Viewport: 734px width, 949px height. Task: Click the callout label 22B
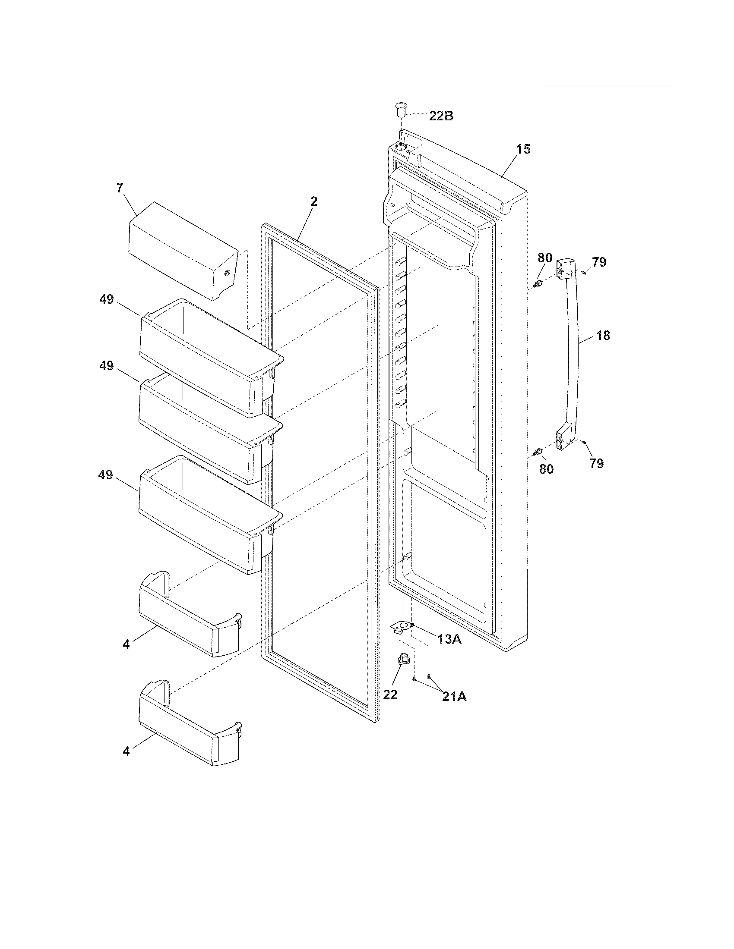[x=441, y=116]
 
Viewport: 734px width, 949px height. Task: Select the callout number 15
[x=523, y=149]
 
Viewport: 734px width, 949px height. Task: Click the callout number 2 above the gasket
[x=314, y=201]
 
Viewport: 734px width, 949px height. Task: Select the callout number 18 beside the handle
[x=603, y=336]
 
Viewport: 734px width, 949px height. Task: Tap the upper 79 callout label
[x=599, y=262]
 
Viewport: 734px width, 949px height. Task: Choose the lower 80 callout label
[x=547, y=469]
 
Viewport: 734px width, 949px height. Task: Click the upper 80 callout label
[x=544, y=258]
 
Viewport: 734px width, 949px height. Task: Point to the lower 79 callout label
[x=597, y=464]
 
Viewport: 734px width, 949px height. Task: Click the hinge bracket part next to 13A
[x=402, y=627]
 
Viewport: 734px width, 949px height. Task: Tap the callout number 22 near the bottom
[x=390, y=695]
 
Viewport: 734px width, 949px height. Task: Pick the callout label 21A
[x=454, y=697]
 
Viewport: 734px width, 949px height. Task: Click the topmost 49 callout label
[x=107, y=299]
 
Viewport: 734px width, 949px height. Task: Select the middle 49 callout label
[x=107, y=366]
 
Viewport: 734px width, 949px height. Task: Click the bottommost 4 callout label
[x=126, y=751]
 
